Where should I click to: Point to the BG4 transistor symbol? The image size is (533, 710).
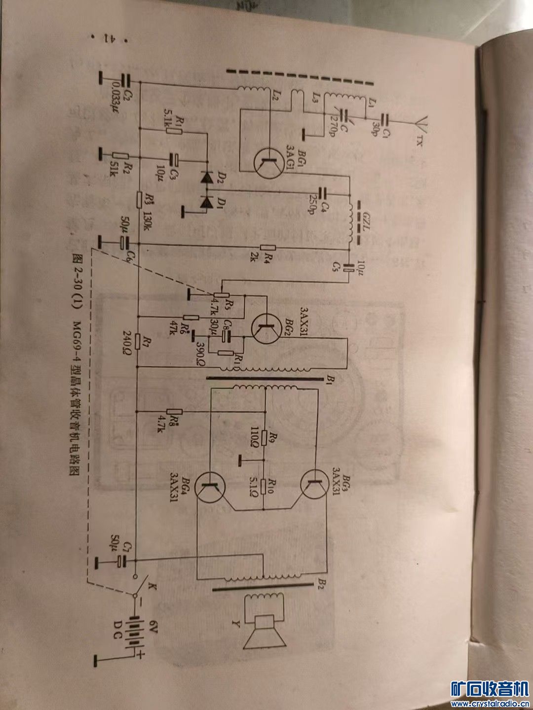pos(211,486)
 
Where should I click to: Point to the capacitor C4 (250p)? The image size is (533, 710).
pos(322,192)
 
